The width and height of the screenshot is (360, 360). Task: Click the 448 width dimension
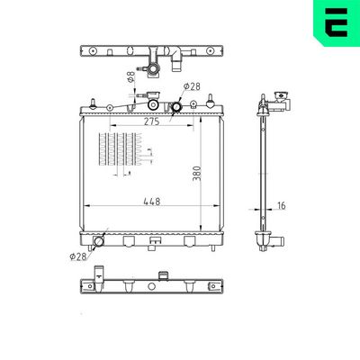pos(151,202)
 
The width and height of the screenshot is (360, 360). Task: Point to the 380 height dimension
pos(195,172)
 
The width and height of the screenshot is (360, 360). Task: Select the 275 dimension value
pos(151,121)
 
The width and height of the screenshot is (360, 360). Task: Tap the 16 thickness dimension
pos(282,205)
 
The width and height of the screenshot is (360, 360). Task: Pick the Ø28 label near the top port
pos(191,86)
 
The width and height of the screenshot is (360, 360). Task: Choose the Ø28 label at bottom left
pos(78,256)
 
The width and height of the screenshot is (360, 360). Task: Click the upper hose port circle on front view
pos(177,107)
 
